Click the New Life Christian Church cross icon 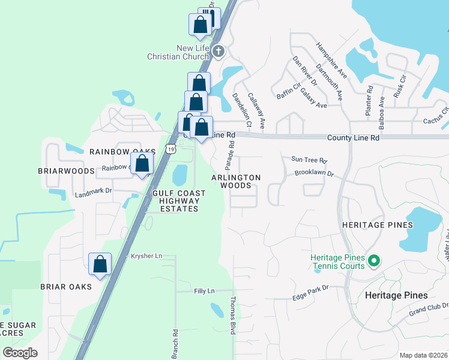pyautogui.click(x=218, y=52)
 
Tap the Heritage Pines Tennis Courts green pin pyautogui.click(x=373, y=261)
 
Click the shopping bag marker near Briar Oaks pyautogui.click(x=100, y=264)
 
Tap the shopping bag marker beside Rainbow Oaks pyautogui.click(x=142, y=163)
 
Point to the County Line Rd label pyautogui.click(x=353, y=138)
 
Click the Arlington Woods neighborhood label pyautogui.click(x=236, y=182)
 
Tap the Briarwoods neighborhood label pyautogui.click(x=67, y=171)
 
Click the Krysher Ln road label pyautogui.click(x=146, y=256)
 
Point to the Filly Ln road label pyautogui.click(x=204, y=291)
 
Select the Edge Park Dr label pyautogui.click(x=311, y=289)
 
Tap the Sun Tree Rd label pyautogui.click(x=309, y=160)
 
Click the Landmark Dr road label pyautogui.click(x=93, y=193)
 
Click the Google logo pyautogui.click(x=20, y=352)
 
